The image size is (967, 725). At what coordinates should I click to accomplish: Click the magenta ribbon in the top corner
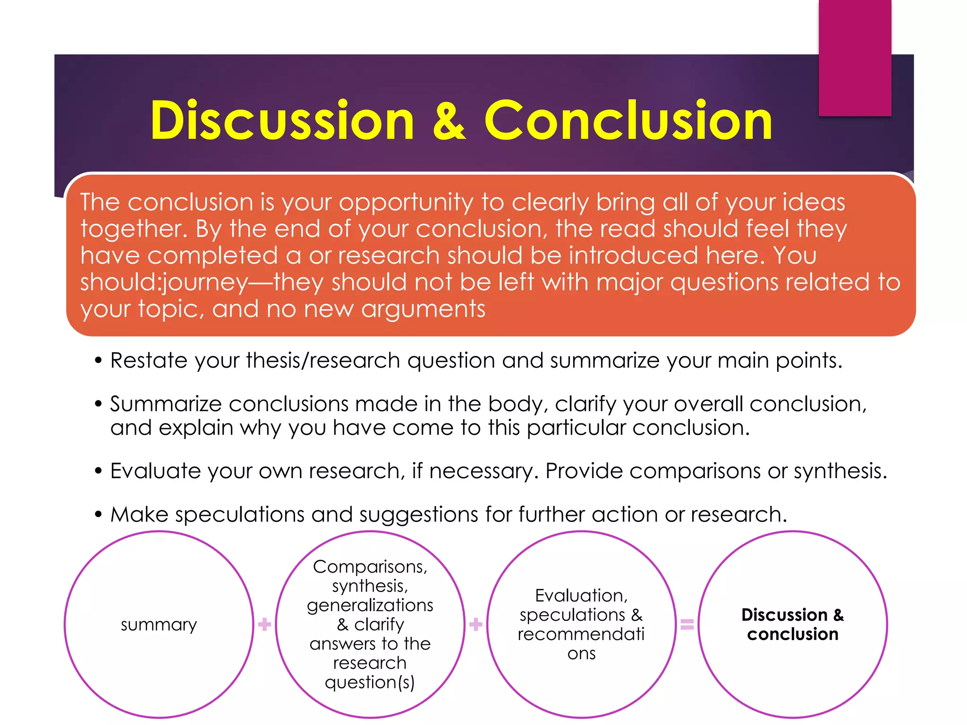855,57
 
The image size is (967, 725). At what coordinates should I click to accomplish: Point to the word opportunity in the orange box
406,203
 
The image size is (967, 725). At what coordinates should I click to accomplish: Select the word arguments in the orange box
423,309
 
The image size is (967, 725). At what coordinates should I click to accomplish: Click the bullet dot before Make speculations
98,514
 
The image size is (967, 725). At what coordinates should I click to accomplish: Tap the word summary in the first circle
159,624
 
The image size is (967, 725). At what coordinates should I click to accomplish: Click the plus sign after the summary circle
264,624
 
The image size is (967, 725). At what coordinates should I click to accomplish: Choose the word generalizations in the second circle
370,605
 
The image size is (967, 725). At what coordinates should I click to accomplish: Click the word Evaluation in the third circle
581,596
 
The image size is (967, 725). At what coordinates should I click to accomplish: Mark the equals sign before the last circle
687,624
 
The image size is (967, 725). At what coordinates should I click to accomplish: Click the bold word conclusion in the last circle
792,634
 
